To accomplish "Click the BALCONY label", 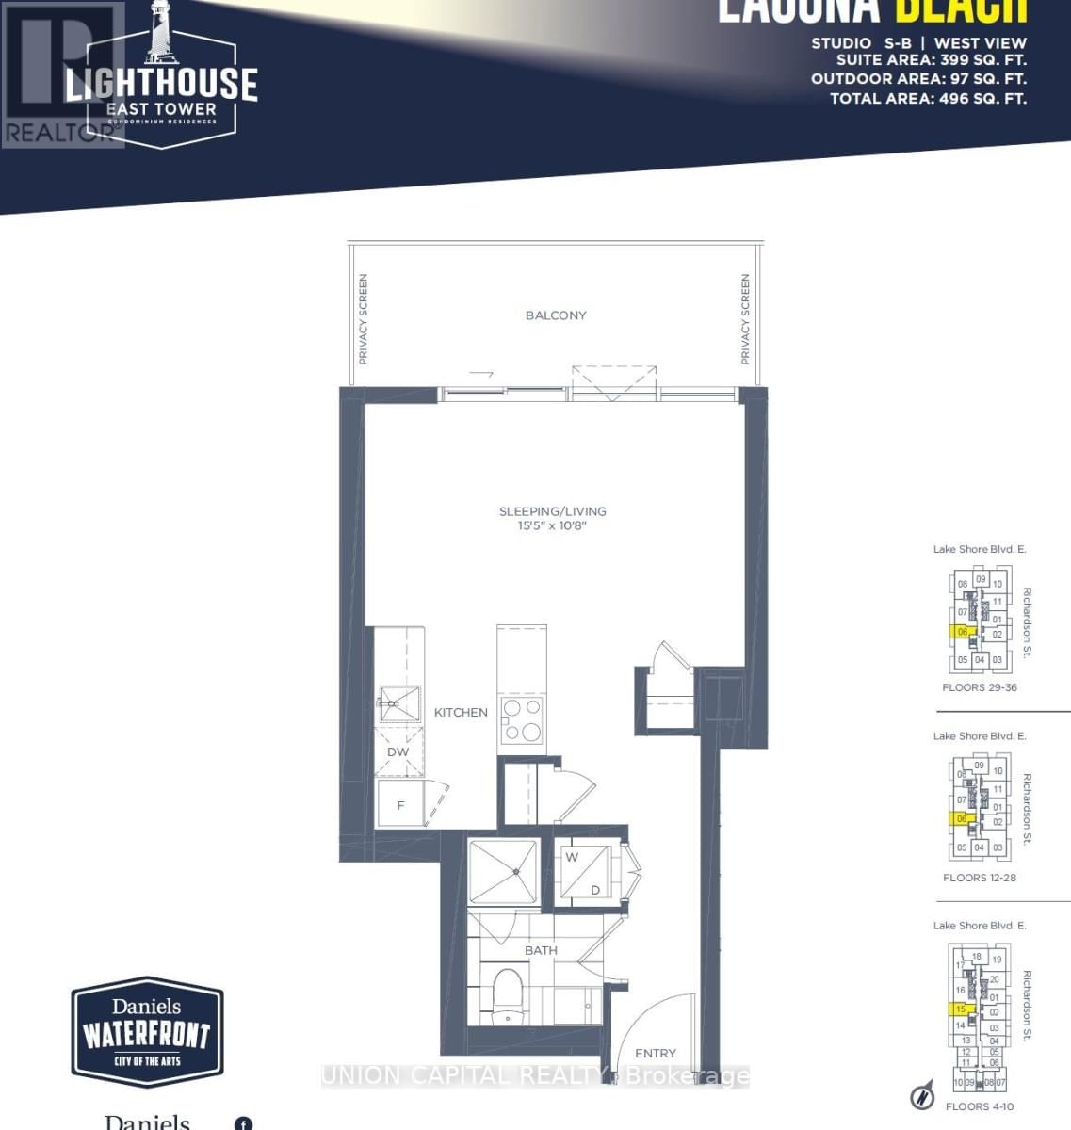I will (x=556, y=315).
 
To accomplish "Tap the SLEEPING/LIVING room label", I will (x=552, y=511).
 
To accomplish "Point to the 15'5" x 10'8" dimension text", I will (x=552, y=525).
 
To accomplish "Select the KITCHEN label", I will (x=461, y=713).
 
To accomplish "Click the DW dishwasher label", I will (x=398, y=752).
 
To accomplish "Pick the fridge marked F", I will (x=400, y=805).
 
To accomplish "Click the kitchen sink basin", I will (x=398, y=702).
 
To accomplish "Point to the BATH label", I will (x=541, y=951).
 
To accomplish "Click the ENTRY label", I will (x=655, y=1054).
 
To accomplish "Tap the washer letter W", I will (x=572, y=858).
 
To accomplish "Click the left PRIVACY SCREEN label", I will (x=363, y=319).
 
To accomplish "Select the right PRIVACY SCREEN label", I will (x=745, y=319).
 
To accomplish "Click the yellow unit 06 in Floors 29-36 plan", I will (x=962, y=632).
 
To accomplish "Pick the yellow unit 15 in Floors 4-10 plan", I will (x=959, y=1009).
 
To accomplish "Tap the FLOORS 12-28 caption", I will (x=979, y=878).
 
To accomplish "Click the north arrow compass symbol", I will (x=921, y=1096).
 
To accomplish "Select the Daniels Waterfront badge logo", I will (x=148, y=1032).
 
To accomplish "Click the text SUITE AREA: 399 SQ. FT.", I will (x=931, y=61).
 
